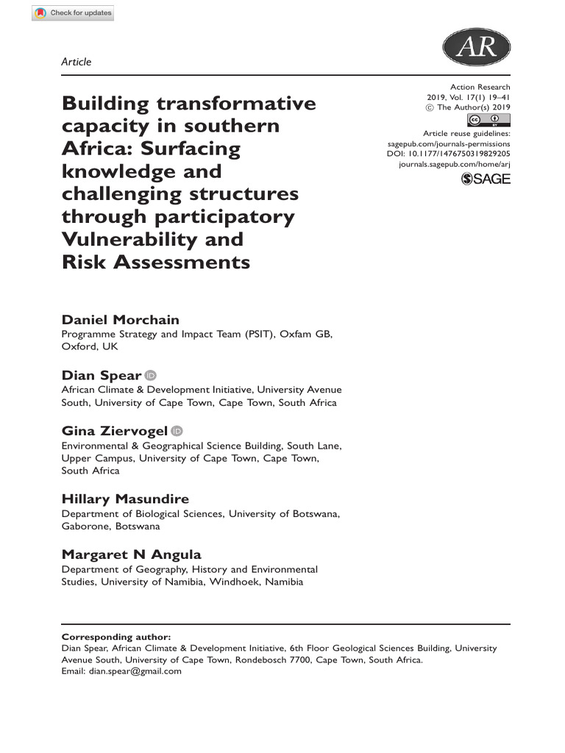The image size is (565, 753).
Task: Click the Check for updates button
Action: (x=73, y=13)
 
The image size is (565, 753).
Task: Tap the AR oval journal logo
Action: (x=476, y=49)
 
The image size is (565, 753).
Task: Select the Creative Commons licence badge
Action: (x=488, y=121)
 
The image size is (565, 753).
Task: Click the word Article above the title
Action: (x=77, y=62)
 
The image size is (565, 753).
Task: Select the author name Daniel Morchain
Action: (x=120, y=319)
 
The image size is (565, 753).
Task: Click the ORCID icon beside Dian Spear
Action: (x=151, y=375)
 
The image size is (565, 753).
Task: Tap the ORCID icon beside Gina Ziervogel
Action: (x=177, y=431)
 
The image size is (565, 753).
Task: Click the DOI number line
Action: (x=448, y=154)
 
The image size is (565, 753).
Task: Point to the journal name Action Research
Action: (x=480, y=88)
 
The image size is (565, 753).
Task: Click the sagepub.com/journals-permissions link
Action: (x=448, y=144)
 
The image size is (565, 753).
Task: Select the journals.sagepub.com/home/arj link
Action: (x=454, y=165)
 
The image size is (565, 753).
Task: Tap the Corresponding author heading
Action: (x=116, y=637)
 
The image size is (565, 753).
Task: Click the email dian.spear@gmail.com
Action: (x=136, y=671)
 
